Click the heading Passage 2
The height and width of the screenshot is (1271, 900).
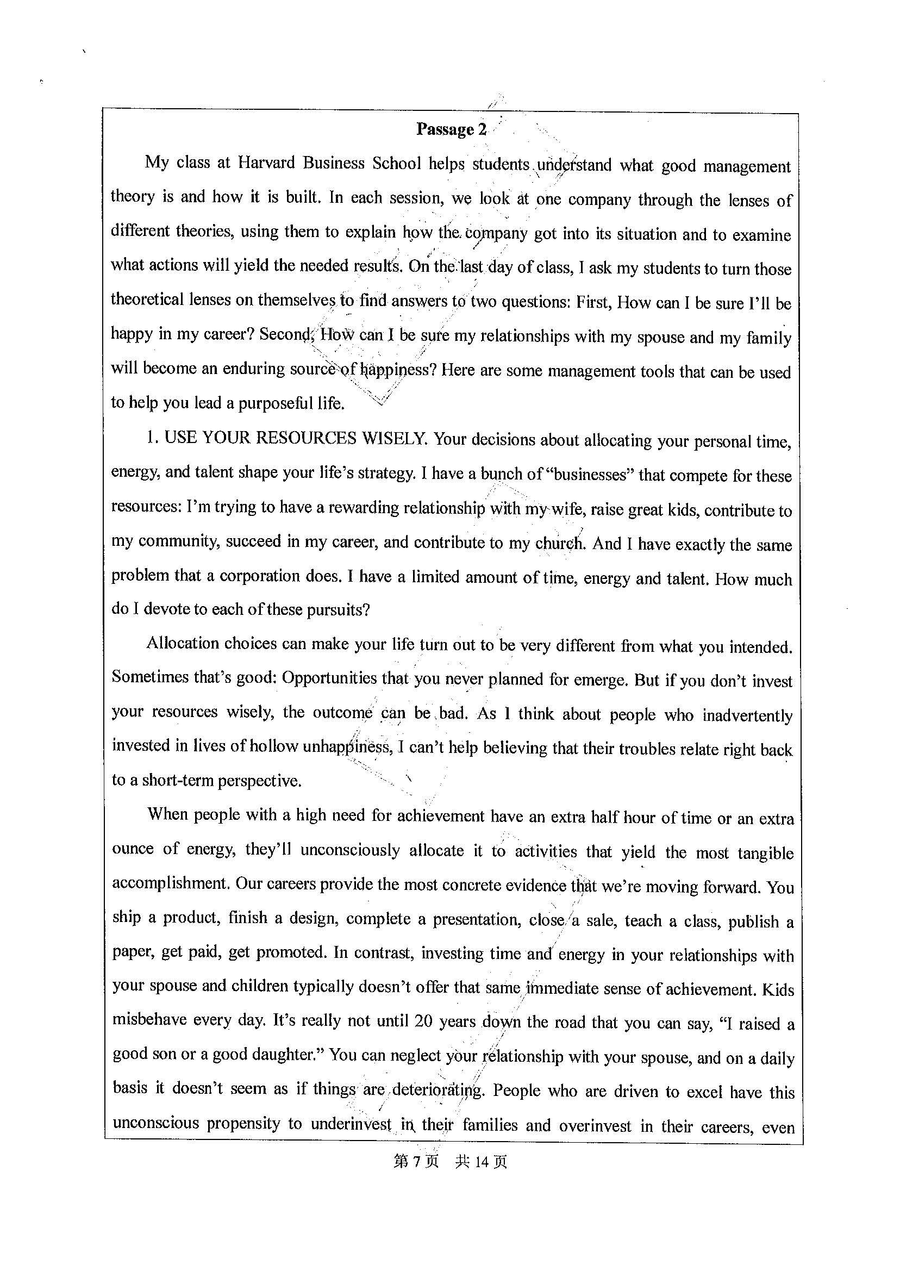451,130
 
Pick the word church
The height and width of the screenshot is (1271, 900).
560,543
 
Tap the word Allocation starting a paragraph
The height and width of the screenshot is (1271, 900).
184,644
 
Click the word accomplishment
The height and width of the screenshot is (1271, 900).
171,883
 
